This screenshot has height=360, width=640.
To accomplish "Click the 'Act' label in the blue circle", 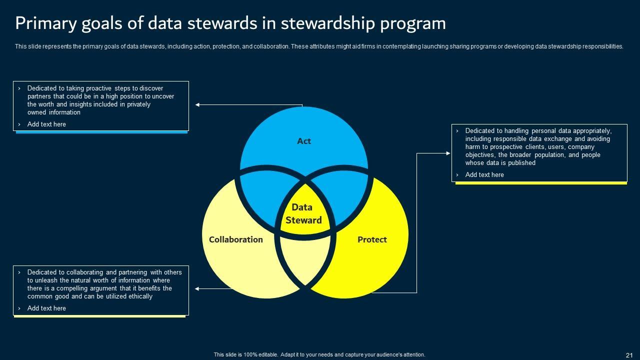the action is [304, 141].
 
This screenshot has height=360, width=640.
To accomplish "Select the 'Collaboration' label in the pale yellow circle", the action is [235, 239].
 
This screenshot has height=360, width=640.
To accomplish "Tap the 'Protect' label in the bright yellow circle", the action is [372, 239].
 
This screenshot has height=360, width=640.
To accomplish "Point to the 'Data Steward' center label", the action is [303, 213].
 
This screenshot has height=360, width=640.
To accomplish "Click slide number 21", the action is [629, 355].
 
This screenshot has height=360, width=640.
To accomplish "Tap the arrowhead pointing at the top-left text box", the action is [198, 105].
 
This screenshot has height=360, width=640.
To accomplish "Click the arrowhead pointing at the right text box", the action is [448, 153].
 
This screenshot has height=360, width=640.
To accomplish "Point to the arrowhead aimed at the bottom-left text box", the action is [197, 289].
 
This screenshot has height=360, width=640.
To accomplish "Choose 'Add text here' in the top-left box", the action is [46, 124].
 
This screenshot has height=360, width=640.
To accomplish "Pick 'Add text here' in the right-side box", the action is [484, 174].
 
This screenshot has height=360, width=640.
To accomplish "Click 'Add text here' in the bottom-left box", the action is [46, 308].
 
